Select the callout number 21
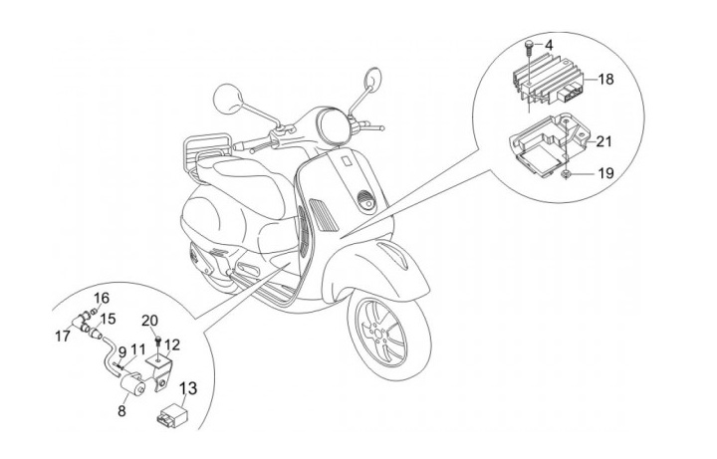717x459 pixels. [x=605, y=141]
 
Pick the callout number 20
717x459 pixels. [x=150, y=321]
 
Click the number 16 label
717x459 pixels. [x=101, y=298]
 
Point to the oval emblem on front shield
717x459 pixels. [x=365, y=199]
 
